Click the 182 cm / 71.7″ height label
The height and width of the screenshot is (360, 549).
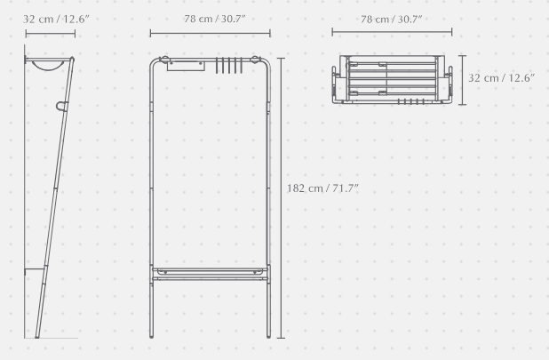tap(322, 188)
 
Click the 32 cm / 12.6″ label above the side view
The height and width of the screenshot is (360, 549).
tap(56, 20)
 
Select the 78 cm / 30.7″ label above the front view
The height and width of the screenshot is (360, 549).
tap(215, 19)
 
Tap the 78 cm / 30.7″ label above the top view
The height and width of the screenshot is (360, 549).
tap(391, 20)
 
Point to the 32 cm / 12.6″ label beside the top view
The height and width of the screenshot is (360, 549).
tap(501, 78)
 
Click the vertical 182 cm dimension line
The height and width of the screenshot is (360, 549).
tap(281, 198)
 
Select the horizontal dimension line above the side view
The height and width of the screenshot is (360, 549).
tap(51, 34)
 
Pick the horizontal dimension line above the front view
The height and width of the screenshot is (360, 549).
tap(210, 33)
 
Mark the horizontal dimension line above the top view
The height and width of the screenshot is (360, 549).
tap(392, 32)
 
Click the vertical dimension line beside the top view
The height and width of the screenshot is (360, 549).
tap(463, 80)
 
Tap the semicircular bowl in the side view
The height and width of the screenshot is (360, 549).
tap(48, 66)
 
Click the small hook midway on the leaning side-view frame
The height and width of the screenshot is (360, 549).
tap(61, 106)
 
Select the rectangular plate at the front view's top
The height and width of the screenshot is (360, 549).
tap(186, 66)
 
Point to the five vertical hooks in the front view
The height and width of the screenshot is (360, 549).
tap(229, 66)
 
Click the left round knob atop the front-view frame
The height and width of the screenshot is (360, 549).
tap(164, 60)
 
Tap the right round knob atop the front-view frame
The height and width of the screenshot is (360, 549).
tap(255, 60)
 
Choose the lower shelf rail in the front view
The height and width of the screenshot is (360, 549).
tap(210, 279)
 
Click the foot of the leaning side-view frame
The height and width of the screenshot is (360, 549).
tap(37, 336)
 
